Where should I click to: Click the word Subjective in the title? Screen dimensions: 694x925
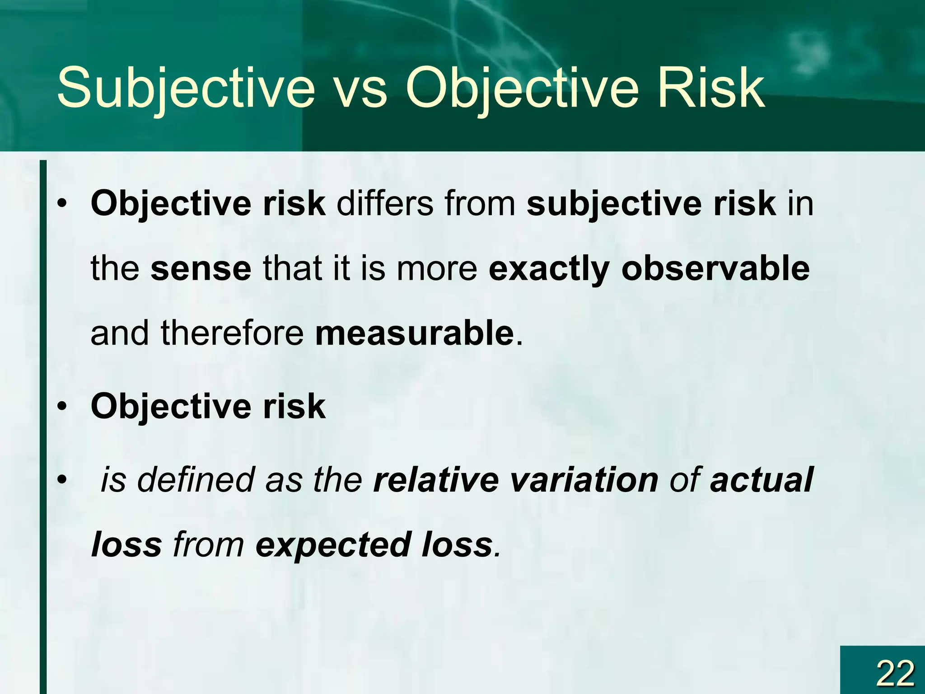tap(186, 89)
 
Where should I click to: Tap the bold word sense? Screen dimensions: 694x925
tap(201, 268)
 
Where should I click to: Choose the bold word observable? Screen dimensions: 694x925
tap(715, 268)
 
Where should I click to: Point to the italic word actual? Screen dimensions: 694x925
tap(761, 479)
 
